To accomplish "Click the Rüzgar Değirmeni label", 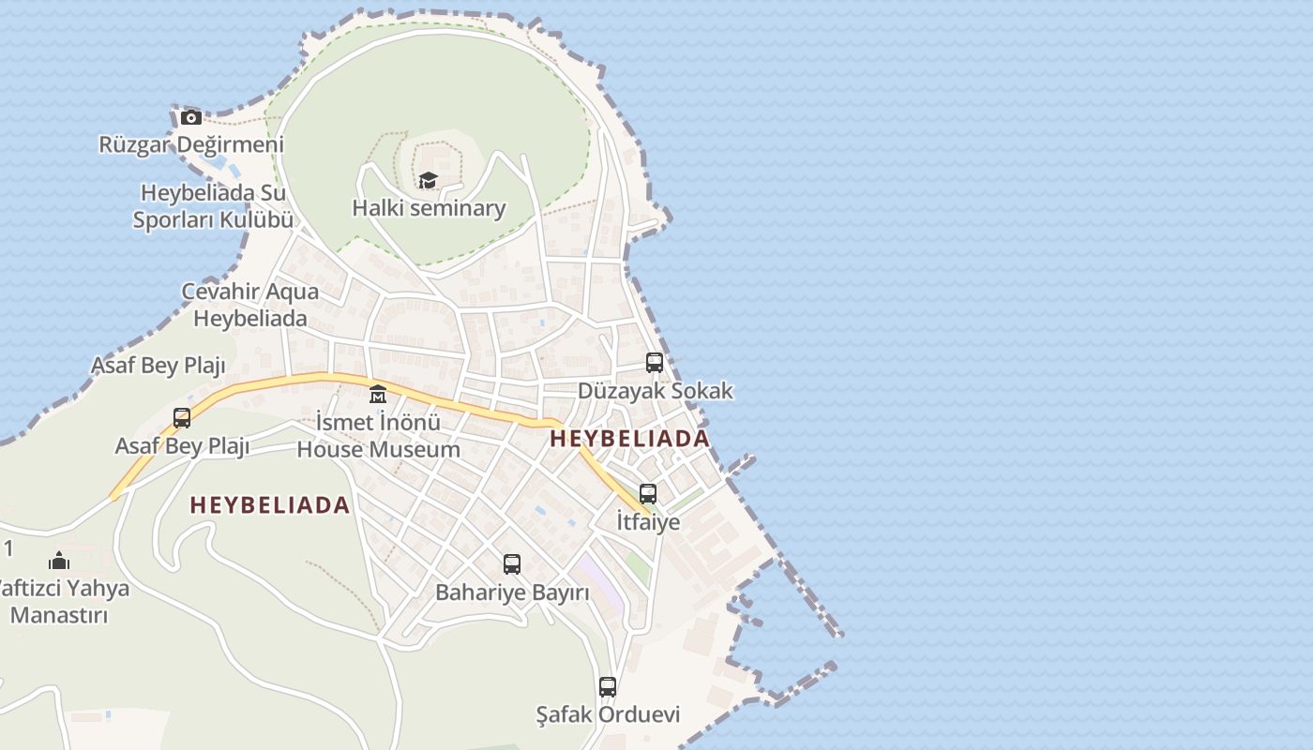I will click(191, 145).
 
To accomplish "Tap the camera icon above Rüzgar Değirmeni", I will click(191, 118).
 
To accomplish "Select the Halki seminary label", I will click(429, 208).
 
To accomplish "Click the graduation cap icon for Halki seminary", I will click(429, 180).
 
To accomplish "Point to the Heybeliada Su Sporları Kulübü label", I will click(213, 207).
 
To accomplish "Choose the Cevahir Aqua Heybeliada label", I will click(249, 305).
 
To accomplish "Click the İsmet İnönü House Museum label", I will click(378, 436).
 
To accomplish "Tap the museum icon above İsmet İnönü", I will click(378, 394).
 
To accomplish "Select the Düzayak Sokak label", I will click(655, 391).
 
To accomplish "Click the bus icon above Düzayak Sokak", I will click(655, 363).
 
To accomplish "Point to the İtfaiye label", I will click(648, 521).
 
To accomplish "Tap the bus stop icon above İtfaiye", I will click(648, 494).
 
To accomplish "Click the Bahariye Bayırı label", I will click(512, 592).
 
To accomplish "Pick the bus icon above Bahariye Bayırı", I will click(512, 564).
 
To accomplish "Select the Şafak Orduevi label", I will click(608, 714).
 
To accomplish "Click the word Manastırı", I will click(59, 616).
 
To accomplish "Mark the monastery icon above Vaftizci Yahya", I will click(59, 562).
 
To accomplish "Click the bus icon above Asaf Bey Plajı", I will click(182, 418).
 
